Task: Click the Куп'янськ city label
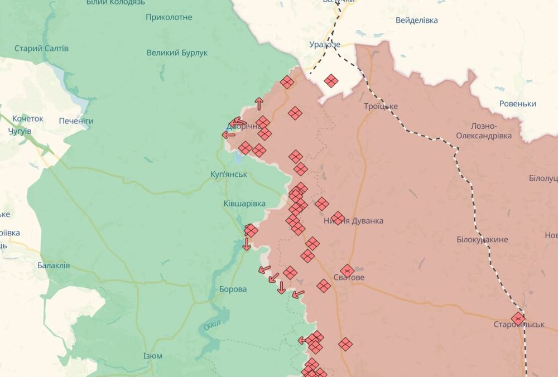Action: coord(228,175)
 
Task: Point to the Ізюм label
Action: coord(152,356)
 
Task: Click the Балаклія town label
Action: coord(54,265)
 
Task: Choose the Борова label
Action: coord(233,289)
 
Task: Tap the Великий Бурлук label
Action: coord(177,53)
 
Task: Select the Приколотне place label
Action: coord(169,17)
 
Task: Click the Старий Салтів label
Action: coord(42,49)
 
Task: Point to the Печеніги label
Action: coord(76,121)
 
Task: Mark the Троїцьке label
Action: coord(381,106)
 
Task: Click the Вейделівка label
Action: coord(416,20)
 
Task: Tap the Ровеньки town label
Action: coord(518,104)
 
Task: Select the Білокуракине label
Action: coord(482,239)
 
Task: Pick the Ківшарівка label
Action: coord(244,204)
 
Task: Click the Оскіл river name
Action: coord(211,326)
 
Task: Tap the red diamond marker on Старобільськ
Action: coord(518,318)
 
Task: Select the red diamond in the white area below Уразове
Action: coord(331,81)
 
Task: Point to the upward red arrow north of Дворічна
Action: coord(259,103)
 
